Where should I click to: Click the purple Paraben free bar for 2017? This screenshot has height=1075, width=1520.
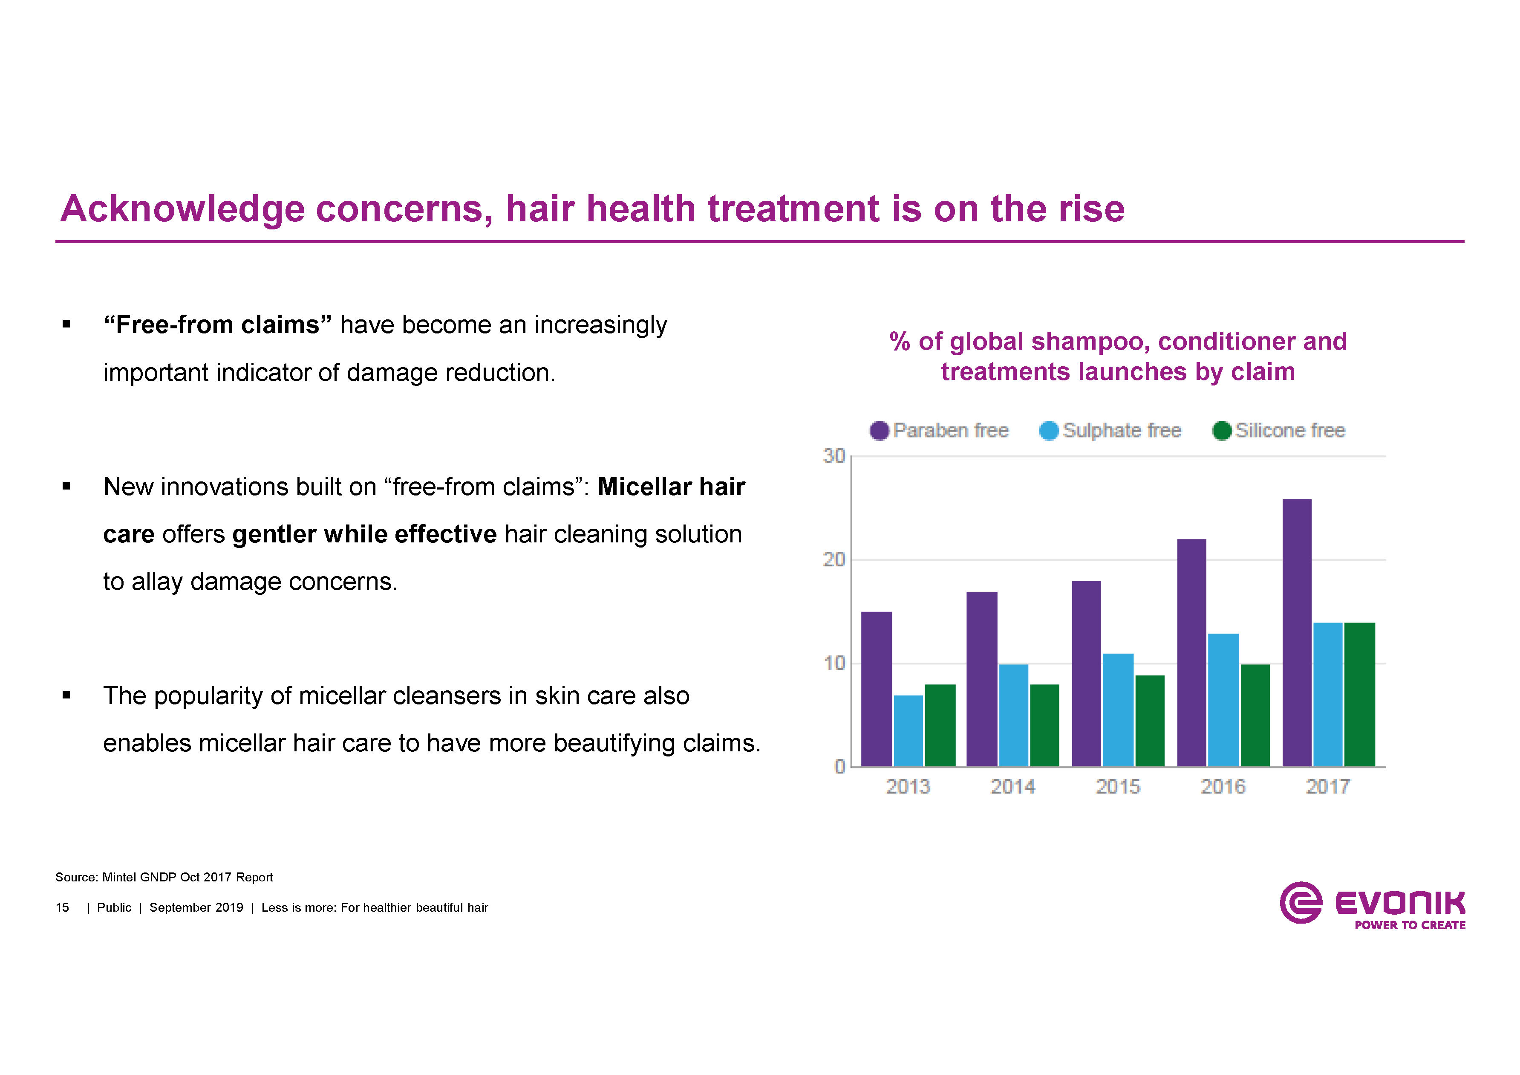pos(1296,632)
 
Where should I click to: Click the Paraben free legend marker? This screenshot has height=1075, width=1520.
pos(879,431)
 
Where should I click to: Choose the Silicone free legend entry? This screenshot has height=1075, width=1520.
pos(1279,431)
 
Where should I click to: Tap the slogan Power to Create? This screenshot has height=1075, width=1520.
pos(1410,925)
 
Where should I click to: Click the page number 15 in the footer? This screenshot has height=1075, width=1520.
pos(62,907)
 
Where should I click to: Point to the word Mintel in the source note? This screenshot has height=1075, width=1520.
pos(119,877)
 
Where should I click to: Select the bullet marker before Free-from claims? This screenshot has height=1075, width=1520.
pos(66,325)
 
